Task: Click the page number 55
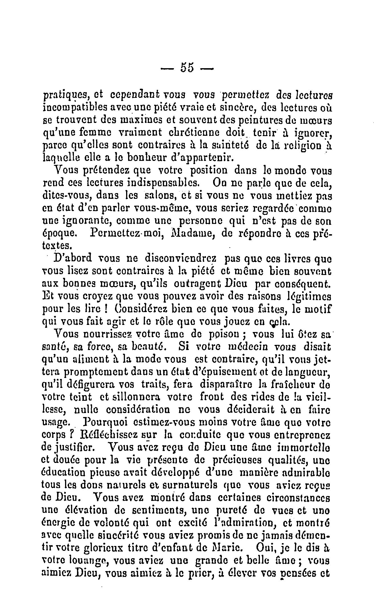click(x=187, y=69)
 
